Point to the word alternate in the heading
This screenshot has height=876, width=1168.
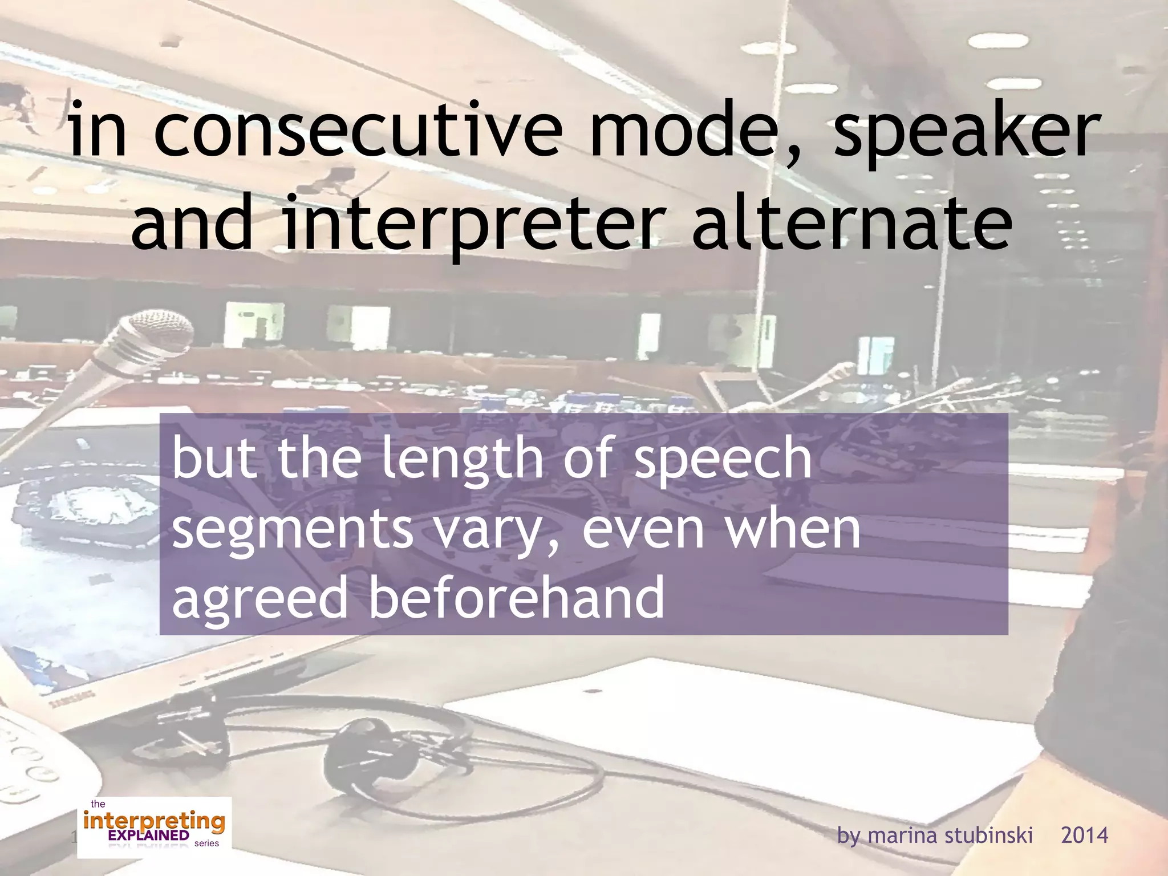point(852,224)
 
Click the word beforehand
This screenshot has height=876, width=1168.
point(517,597)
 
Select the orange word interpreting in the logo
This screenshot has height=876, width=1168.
point(154,822)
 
